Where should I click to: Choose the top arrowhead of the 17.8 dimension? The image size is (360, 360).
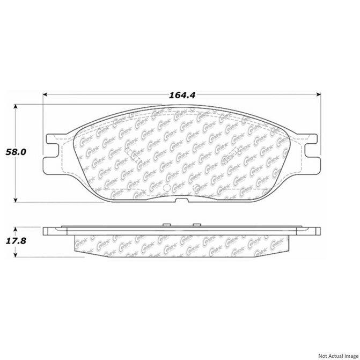16,227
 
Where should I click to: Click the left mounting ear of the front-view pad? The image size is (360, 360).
53,150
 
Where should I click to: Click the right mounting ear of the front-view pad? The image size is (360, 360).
311,150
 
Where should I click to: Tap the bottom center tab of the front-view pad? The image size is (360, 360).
182,201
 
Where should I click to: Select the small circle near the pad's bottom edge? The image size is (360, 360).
166,188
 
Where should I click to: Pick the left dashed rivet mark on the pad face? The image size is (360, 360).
130,156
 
